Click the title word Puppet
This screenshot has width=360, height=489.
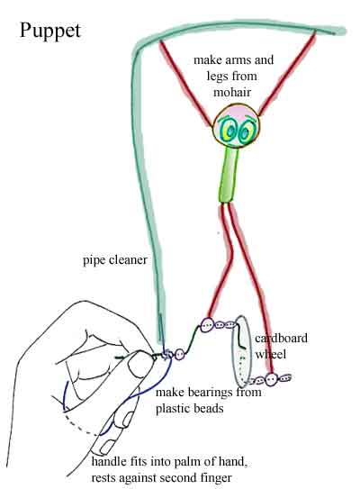pyautogui.click(x=50, y=32)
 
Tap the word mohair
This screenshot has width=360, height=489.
pyautogui.click(x=232, y=92)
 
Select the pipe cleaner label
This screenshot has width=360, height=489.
pyautogui.click(x=115, y=261)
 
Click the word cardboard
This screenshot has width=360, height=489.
pyautogui.click(x=281, y=338)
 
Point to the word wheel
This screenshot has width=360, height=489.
pyautogui.click(x=271, y=354)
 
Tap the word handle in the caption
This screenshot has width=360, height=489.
pyautogui.click(x=109, y=462)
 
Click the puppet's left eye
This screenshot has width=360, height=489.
pyautogui.click(x=229, y=131)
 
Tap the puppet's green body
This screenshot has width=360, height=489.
pyautogui.click(x=229, y=175)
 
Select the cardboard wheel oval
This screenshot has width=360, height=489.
pyautogui.click(x=241, y=352)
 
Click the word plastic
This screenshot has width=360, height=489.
pyautogui.click(x=173, y=409)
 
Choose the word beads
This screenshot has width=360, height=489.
pyautogui.click(x=208, y=409)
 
